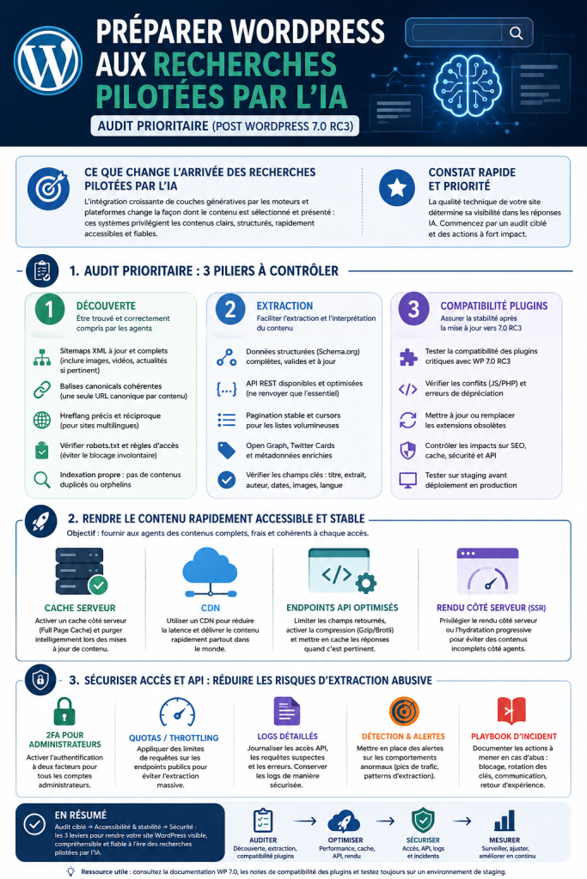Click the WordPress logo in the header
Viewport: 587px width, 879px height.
pos(48,61)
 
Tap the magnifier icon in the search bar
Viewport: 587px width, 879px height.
pos(516,33)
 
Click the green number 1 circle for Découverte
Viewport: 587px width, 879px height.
pos(49,309)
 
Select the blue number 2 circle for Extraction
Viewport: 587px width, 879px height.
pos(230,309)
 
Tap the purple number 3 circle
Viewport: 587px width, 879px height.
pos(413,309)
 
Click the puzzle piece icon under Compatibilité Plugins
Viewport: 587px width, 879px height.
pos(408,357)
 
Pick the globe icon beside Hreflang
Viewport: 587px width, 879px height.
pos(42,420)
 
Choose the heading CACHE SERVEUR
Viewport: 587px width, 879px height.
pos(80,608)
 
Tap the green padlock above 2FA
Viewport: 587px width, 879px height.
pos(64,712)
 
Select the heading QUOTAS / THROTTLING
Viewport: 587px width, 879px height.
pos(174,737)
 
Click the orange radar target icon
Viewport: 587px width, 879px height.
pos(404,712)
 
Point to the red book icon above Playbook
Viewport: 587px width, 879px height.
pos(512,711)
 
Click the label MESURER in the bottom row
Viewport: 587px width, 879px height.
pos(504,840)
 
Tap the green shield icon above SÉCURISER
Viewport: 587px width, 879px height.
pos(423,820)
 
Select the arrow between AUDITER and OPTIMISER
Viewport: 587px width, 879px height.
pos(305,821)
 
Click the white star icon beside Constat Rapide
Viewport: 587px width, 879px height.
pos(397,188)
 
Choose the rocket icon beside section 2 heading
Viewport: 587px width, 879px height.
pos(41,521)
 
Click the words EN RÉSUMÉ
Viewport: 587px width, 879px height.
pos(80,815)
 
